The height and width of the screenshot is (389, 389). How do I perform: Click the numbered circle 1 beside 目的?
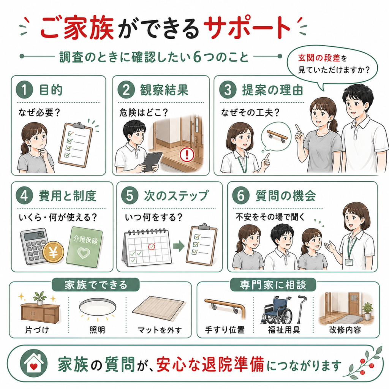[24, 90]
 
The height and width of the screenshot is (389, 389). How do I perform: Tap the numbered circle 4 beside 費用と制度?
[24, 196]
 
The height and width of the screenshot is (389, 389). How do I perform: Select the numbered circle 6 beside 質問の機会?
[240, 196]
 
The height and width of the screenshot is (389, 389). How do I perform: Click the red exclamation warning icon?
[187, 155]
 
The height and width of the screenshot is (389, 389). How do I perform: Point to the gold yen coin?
[53, 252]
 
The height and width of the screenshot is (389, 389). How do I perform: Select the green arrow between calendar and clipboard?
[179, 246]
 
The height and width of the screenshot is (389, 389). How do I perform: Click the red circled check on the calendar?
[152, 246]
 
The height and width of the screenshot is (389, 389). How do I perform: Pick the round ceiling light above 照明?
[98, 307]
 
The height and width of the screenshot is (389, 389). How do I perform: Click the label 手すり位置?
[225, 330]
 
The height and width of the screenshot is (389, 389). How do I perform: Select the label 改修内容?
[345, 330]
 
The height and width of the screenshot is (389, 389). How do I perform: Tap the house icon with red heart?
[34, 364]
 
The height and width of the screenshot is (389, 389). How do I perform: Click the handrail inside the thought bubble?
[277, 136]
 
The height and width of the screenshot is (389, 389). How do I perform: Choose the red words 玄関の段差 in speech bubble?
[319, 58]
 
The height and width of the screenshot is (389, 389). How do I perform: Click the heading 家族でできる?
[96, 285]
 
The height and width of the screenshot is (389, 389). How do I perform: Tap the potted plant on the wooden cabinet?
[40, 298]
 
